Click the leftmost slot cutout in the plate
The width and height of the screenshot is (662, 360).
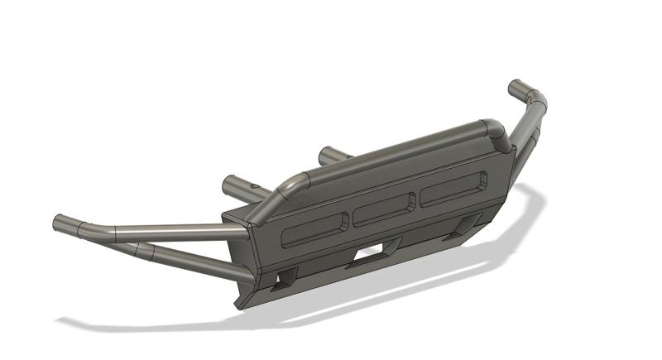click(x=314, y=230)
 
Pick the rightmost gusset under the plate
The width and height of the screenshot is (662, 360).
click(x=468, y=226)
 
